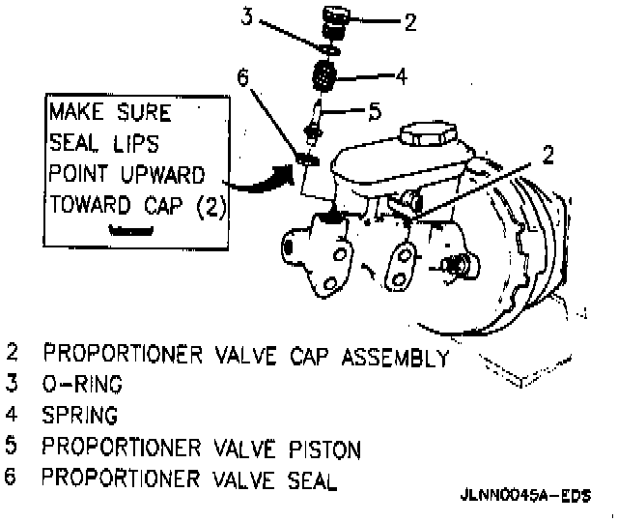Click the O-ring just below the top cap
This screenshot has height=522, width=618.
[331, 46]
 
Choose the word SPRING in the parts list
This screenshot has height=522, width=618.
[82, 416]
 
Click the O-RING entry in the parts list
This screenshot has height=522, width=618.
[81, 384]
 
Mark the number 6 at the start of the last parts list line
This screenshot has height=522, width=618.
[12, 478]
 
